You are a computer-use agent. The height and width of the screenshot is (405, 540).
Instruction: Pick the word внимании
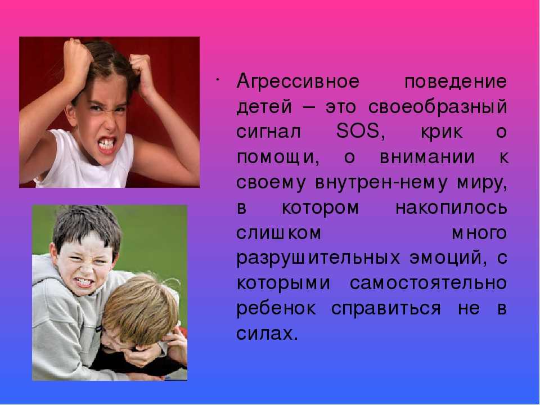click(427, 157)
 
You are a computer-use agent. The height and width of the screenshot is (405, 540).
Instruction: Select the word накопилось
click(451, 208)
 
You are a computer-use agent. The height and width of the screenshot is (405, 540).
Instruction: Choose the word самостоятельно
click(428, 283)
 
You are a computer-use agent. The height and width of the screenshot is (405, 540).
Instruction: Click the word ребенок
click(276, 308)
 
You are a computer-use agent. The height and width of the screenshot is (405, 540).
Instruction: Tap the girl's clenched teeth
click(107, 143)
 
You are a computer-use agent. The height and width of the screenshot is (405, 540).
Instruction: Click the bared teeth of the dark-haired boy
click(84, 282)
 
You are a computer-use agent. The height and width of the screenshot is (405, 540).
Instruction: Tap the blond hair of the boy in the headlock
click(141, 308)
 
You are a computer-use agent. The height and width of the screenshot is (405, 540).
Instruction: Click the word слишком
click(278, 233)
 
